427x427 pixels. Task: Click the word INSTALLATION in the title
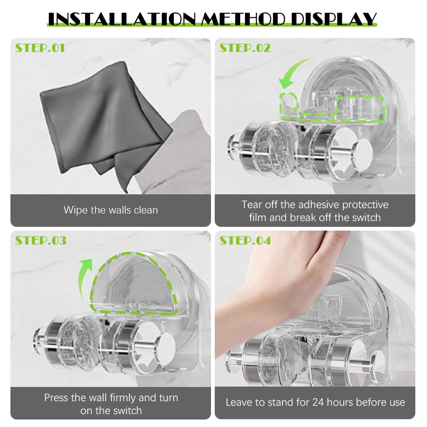point(122,19)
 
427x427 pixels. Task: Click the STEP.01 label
point(40,48)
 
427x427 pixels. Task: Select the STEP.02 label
point(245,48)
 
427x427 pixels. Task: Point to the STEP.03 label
point(41,241)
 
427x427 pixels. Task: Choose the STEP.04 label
point(245,241)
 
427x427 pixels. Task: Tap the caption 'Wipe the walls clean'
point(111,210)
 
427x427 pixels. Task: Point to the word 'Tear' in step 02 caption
point(252,205)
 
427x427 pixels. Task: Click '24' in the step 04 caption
point(329,402)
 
